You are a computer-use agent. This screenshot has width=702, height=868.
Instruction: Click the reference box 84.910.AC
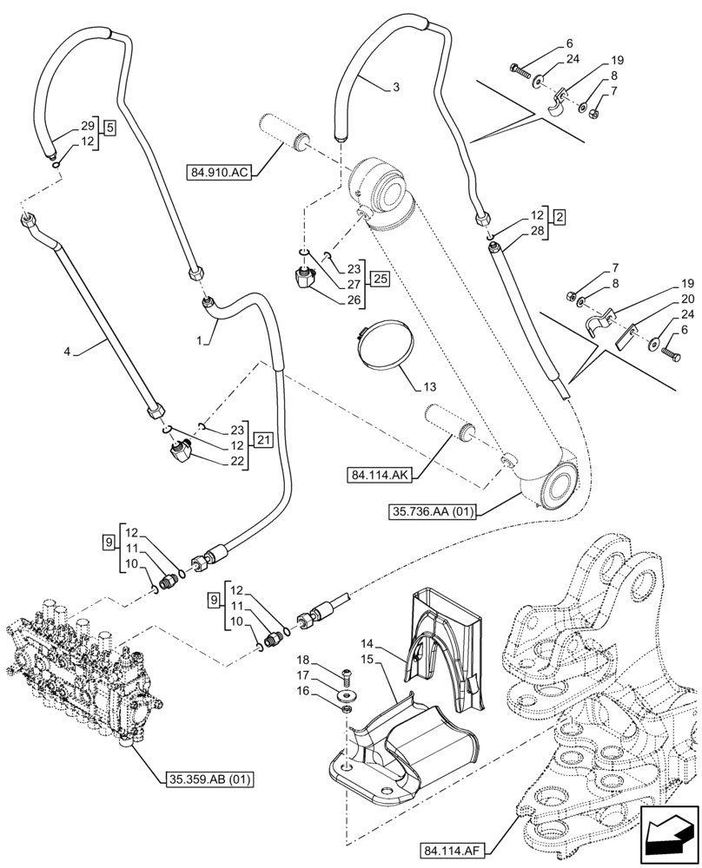tap(217, 172)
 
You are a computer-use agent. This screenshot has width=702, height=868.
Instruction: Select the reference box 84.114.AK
tap(378, 475)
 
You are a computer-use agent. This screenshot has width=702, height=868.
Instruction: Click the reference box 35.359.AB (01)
tap(206, 779)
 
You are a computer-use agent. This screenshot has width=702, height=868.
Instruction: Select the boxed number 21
tap(264, 439)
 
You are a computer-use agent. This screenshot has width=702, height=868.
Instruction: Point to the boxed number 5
tap(109, 128)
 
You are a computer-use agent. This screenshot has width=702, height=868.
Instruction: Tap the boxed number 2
tap(560, 215)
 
